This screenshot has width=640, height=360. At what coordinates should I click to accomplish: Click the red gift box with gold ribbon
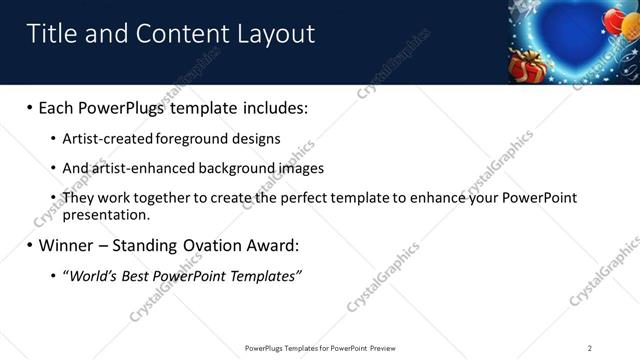point(526,66)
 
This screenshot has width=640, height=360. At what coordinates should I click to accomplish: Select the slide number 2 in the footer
point(590,348)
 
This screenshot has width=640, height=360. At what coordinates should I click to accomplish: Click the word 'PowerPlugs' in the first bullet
point(128,107)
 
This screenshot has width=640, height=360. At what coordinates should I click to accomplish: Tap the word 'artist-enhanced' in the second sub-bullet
point(143,168)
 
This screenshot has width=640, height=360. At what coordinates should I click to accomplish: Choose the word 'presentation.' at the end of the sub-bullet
point(106,214)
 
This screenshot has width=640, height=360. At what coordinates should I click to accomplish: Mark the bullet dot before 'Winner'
point(29,245)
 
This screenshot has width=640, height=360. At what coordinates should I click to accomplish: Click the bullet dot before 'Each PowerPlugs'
point(29,107)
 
